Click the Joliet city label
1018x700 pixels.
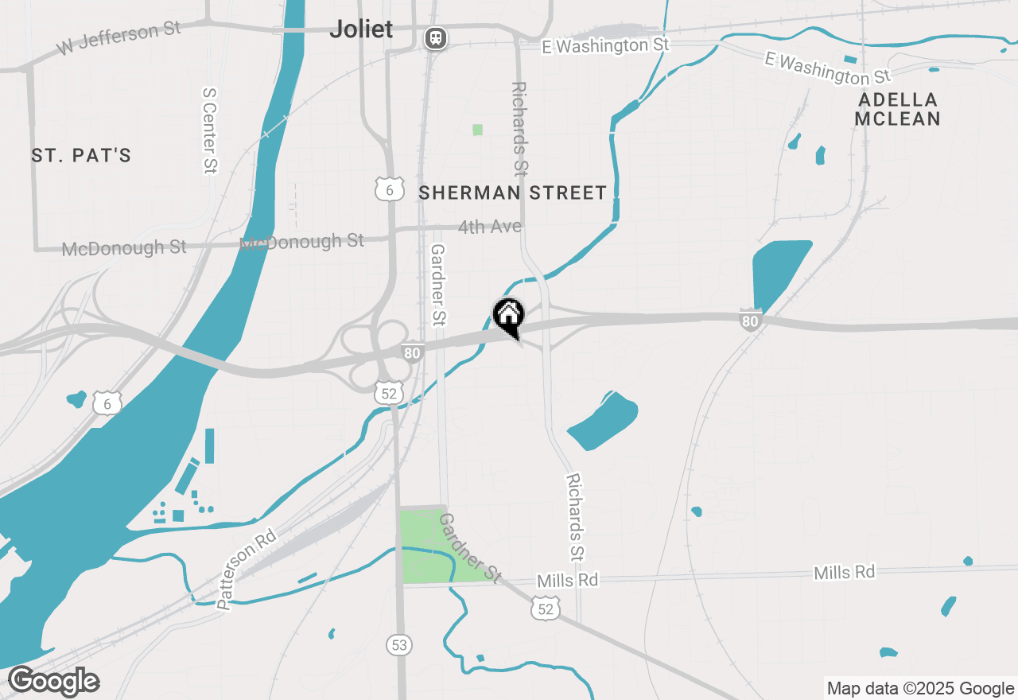361,29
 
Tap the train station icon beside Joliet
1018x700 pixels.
434,37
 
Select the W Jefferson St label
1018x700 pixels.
119,40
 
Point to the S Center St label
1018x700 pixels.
210,130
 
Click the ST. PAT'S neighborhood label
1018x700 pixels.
81,155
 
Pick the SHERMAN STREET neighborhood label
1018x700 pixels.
512,192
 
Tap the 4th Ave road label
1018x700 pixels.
490,227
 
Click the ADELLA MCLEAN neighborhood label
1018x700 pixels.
897,110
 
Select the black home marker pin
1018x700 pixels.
509,316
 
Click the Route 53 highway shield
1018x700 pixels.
399,644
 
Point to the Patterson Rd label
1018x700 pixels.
247,570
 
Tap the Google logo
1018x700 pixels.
54,682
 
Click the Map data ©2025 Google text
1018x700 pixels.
920,689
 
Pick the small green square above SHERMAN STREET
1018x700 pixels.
477,130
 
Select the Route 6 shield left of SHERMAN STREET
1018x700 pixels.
390,189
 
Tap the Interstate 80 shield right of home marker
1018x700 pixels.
749,320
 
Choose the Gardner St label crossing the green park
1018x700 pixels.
470,548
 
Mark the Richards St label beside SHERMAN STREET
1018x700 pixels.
519,128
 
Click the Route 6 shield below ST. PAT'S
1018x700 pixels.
107,404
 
